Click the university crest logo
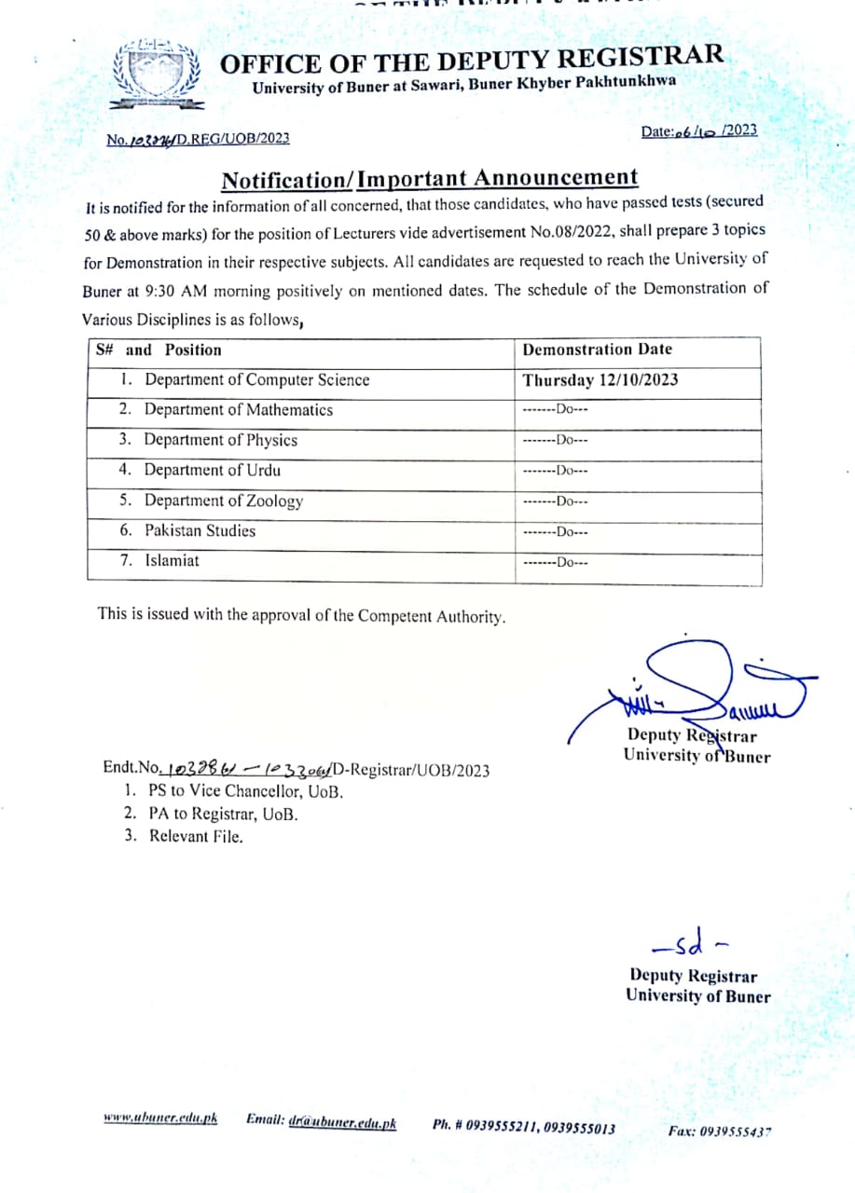155,75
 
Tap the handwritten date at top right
699,131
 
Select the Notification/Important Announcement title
429,178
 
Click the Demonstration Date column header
598,350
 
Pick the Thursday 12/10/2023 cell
600,380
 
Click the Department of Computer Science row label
256,380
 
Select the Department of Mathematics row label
238,410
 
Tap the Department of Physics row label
220,440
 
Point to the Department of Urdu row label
212,471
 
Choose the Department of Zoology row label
223,501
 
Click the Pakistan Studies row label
200,531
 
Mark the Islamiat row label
172,561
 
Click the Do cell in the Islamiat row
556,563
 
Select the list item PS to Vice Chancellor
245,792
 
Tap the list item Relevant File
196,836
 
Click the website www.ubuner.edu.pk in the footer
160,1118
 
